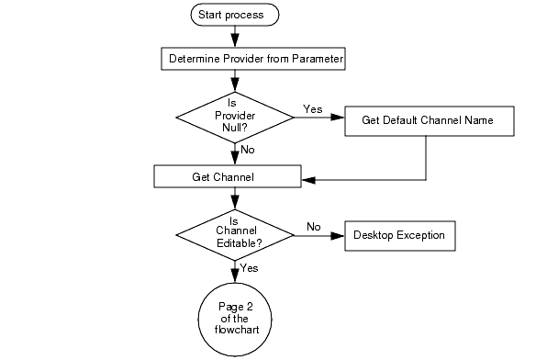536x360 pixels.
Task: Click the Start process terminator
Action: click(x=234, y=15)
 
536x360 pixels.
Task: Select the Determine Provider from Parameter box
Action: click(x=256, y=60)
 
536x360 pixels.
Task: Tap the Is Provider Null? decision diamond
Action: click(x=235, y=117)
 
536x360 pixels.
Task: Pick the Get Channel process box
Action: click(x=228, y=174)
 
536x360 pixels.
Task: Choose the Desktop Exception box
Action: click(x=398, y=235)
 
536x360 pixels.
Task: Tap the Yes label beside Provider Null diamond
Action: click(x=312, y=109)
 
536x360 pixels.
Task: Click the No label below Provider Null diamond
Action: click(x=247, y=148)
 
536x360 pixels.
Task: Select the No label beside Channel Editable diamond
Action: click(x=313, y=226)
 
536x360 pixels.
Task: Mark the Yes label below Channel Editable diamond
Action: click(x=249, y=268)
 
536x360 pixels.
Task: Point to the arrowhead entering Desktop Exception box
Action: click(x=338, y=236)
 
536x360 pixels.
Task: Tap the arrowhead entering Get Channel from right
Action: click(x=307, y=179)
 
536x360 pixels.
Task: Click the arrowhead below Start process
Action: click(x=235, y=39)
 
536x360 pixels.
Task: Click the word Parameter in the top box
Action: click(x=318, y=60)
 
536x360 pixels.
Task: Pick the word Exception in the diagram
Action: click(x=420, y=235)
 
